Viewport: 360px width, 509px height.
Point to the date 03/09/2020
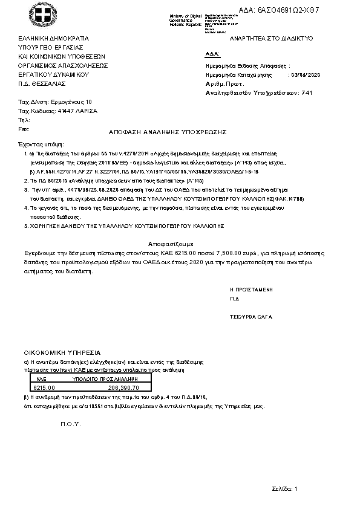(x=307, y=74)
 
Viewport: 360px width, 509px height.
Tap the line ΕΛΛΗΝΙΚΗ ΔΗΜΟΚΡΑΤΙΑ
(x=54, y=37)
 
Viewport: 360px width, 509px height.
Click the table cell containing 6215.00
(x=44, y=387)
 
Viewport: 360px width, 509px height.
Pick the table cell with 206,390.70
(x=123, y=387)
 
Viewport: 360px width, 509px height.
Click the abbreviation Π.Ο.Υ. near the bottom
(x=70, y=424)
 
